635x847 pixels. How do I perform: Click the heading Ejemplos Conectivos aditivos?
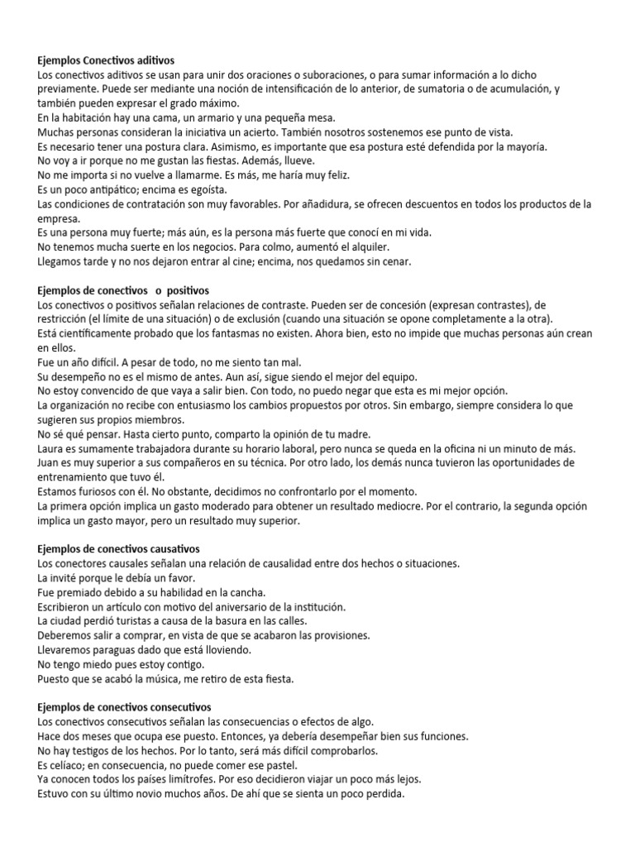[x=107, y=60]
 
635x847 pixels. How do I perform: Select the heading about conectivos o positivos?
[x=124, y=290]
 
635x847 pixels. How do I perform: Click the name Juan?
[x=50, y=462]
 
